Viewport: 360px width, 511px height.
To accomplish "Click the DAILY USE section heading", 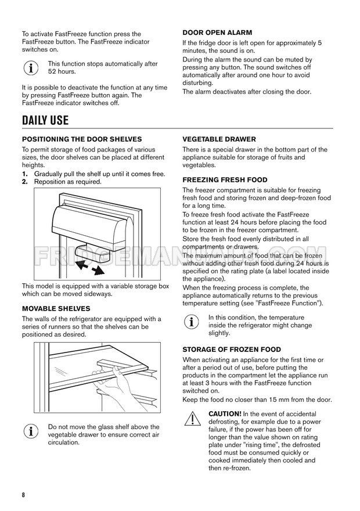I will tap(45, 121).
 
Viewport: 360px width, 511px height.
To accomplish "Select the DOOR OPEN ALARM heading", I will tap(217, 33).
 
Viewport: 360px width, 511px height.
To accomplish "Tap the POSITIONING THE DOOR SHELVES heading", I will tap(82, 139).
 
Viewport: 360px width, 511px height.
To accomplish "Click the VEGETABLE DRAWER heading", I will tap(219, 139).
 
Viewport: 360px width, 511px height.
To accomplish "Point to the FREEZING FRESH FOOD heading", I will tap(225, 180).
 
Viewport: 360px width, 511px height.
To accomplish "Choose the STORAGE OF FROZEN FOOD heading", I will tap(232, 350).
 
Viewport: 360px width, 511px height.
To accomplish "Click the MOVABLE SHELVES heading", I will tap(56, 308).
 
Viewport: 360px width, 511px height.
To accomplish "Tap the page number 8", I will tap(24, 494).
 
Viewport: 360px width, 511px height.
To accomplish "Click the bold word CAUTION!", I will tap(225, 413).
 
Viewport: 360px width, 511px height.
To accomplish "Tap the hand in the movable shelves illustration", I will tap(125, 383).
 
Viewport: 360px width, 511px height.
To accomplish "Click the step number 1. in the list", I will tap(25, 174).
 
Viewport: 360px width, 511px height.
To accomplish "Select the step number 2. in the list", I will tap(25, 182).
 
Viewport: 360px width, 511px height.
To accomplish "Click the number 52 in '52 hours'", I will tap(52, 71).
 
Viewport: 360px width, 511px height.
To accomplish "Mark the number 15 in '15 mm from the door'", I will tap(276, 400).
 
